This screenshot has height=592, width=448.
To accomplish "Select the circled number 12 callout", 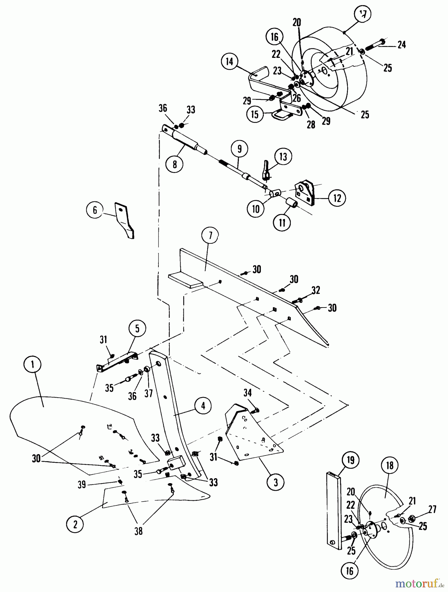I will [x=337, y=198].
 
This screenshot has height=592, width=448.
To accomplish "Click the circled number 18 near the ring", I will [x=390, y=466].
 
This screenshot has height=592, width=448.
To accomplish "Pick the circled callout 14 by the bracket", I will [x=230, y=62].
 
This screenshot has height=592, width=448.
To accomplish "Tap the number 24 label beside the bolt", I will [x=401, y=45].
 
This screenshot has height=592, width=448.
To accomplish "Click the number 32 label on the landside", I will [x=315, y=290].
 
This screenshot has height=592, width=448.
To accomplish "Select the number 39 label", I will [x=82, y=484].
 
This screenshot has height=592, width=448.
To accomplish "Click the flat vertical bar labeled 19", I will [x=333, y=510].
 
